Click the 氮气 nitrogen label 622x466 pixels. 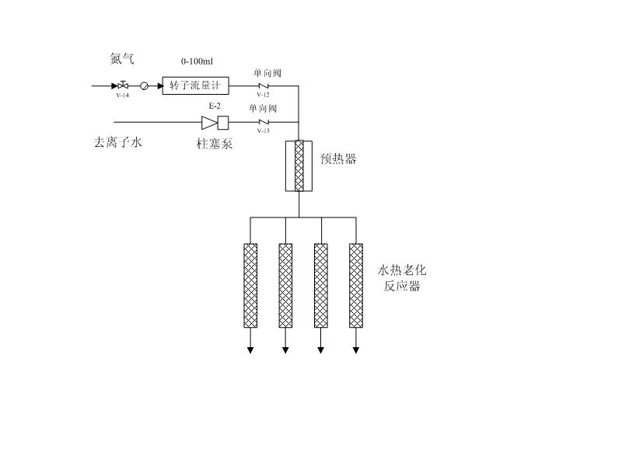pos(122,59)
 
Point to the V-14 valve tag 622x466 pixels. pos(122,96)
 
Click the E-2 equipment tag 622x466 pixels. pos(215,106)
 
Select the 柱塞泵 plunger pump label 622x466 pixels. pos(214,144)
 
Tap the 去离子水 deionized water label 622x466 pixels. pos(118,143)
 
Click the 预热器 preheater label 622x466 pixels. pos(338,159)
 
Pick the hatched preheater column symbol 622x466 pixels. pos(299,165)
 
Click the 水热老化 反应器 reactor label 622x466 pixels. pos(403,278)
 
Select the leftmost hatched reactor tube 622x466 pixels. pos(250,285)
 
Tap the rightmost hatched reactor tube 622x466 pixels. pos(356,285)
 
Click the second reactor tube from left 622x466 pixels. pos(286,285)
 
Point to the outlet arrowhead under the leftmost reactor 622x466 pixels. pos(250,350)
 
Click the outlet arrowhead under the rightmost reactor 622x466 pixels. pos(356,350)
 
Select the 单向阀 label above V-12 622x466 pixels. pos(267,74)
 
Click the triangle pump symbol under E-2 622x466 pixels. pos(208,122)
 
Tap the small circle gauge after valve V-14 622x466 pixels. pos(144,85)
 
